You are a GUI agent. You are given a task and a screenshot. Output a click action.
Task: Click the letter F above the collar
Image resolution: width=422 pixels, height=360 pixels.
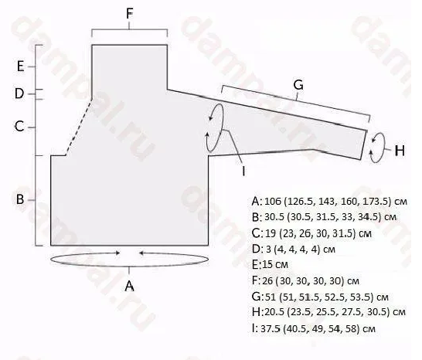click(129, 13)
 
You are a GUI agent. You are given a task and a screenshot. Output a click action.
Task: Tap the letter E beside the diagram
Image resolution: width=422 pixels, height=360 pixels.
click(20, 66)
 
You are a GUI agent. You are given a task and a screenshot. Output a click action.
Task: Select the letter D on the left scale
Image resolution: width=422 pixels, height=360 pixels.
click(19, 93)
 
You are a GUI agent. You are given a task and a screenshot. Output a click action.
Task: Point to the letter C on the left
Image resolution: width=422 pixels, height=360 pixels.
click(19, 127)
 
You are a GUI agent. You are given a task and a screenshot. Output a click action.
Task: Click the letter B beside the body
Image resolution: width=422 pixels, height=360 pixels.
click(20, 199)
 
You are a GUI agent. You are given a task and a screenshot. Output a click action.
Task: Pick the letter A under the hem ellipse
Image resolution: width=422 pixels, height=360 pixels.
click(129, 286)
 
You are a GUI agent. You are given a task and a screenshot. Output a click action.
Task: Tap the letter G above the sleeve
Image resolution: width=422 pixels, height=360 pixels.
click(298, 85)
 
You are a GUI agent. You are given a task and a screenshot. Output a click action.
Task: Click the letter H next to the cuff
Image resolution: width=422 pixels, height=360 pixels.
click(400, 151)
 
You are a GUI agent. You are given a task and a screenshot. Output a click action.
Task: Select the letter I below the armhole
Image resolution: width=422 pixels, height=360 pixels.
click(243, 171)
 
